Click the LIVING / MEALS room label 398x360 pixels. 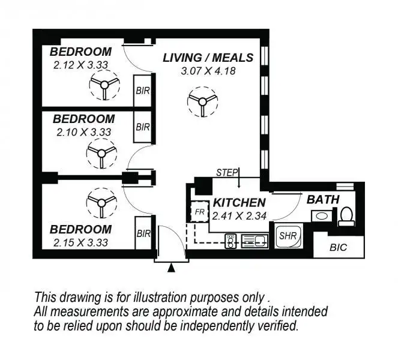(208, 58)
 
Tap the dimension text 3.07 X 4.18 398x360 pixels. (208, 71)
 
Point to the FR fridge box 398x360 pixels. (199, 213)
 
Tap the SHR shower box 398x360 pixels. (286, 235)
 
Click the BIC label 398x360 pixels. (338, 247)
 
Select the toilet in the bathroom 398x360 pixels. (346, 215)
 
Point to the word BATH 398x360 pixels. (323, 199)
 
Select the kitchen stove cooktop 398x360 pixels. (232, 242)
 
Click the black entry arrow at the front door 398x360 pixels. (171, 268)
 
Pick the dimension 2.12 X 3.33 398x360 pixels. (80, 64)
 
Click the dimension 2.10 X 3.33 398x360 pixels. (83, 131)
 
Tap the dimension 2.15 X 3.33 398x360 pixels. (80, 242)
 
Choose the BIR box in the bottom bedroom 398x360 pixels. (142, 235)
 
